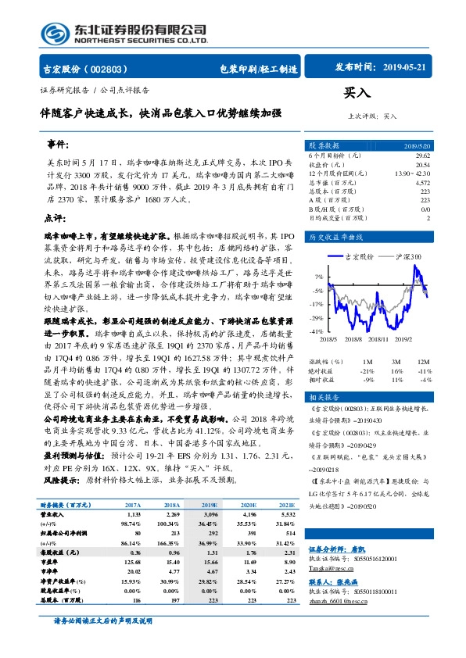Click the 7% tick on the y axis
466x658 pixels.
(319, 277)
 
